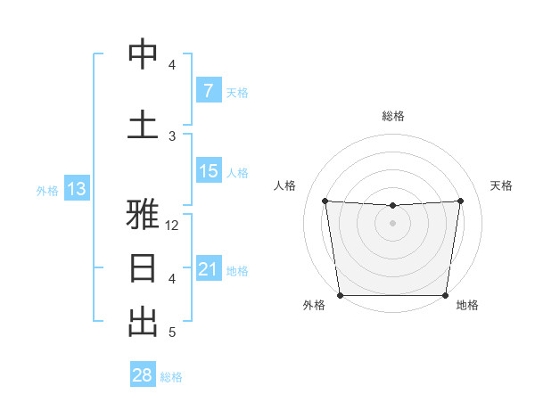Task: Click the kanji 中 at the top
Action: tap(143, 54)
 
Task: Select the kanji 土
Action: tap(143, 124)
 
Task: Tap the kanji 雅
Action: tap(143, 215)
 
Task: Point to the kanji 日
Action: tap(143, 267)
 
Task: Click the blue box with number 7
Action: tap(208, 91)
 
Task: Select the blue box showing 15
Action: tap(208, 171)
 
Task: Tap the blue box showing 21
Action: tap(208, 269)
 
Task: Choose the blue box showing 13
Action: tap(76, 189)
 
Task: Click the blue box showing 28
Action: tap(143, 376)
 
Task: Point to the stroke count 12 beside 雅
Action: tap(173, 226)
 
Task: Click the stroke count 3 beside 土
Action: tap(173, 136)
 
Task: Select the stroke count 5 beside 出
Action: tap(173, 333)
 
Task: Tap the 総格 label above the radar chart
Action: tap(392, 116)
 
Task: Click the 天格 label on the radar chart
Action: tap(502, 185)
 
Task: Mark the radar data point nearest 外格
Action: tap(340, 295)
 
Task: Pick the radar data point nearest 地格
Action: tap(445, 295)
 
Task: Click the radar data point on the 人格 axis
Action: tap(325, 201)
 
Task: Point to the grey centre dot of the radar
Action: tap(392, 223)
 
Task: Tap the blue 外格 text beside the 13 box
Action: tap(46, 190)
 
